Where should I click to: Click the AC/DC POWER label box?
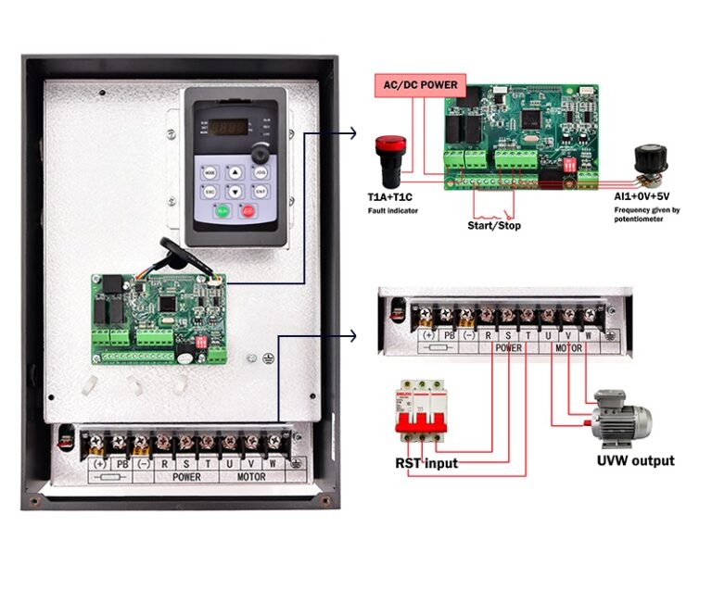[420, 85]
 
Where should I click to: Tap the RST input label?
[426, 462]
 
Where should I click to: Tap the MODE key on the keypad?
[210, 172]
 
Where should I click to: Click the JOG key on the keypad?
[261, 172]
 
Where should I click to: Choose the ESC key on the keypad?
[210, 191]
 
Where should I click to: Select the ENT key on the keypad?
[261, 191]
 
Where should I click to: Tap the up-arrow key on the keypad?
[235, 172]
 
